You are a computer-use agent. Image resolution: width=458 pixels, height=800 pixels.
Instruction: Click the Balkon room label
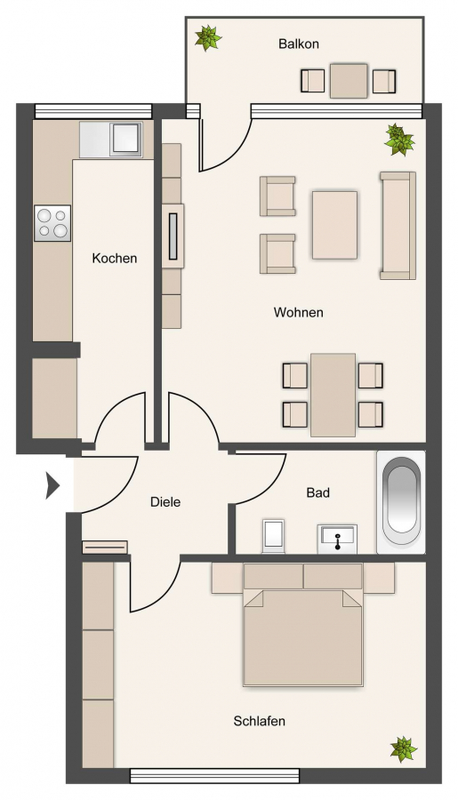[x=299, y=44]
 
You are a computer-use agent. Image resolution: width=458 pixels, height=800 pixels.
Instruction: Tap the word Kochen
[x=115, y=258]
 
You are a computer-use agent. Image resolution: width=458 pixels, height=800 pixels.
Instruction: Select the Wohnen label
[x=298, y=312]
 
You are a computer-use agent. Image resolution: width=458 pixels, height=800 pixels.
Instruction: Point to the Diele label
[x=165, y=502]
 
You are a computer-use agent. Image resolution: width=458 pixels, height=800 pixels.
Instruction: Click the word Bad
[x=318, y=492]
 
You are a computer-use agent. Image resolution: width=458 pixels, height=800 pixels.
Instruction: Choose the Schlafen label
[x=260, y=722]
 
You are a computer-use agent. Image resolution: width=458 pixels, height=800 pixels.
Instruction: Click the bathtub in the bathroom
[x=401, y=502]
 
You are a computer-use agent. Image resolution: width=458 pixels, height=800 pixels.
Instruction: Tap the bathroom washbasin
[x=337, y=539]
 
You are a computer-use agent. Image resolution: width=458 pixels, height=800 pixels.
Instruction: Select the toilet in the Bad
[x=273, y=536]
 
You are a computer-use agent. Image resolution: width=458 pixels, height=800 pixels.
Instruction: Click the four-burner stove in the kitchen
[x=52, y=223]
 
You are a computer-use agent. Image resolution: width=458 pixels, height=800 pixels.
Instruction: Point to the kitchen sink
[x=125, y=139]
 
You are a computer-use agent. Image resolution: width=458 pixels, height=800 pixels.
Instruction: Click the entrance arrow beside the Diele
[x=52, y=485]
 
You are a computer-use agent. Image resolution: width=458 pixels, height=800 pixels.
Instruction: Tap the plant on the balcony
[x=208, y=37]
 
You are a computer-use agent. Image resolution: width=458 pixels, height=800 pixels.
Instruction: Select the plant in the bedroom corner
[x=404, y=749]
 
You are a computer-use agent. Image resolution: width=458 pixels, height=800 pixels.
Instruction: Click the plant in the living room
[x=399, y=139]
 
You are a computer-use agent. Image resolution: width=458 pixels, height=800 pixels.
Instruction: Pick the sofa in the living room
[x=398, y=226]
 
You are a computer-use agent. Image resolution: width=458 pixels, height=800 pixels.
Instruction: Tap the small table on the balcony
[x=349, y=81]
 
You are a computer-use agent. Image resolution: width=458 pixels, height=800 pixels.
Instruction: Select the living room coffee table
[x=334, y=225]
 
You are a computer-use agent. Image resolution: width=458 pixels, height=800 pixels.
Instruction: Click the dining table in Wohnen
[x=333, y=395]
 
